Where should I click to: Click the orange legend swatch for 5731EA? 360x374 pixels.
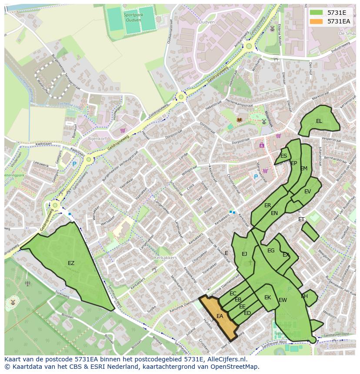317,21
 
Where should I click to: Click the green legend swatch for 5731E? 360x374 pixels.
317,13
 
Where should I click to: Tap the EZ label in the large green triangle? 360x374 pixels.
71,263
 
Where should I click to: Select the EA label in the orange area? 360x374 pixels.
220,316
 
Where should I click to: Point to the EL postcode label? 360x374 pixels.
319,121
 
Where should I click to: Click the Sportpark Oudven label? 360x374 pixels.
133,17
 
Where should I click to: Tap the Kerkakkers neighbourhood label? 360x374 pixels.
165,258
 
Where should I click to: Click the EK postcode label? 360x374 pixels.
268,298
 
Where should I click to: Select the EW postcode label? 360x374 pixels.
283,300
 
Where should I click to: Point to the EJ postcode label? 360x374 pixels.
244,254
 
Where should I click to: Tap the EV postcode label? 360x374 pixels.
307,192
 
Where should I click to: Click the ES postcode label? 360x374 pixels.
283,156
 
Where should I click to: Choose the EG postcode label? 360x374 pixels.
271,251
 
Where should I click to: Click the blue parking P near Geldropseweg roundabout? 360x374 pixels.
74,164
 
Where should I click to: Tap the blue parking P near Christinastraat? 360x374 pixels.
256,177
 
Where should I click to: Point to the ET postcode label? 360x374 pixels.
301,219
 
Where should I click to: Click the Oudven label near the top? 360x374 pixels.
206,22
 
